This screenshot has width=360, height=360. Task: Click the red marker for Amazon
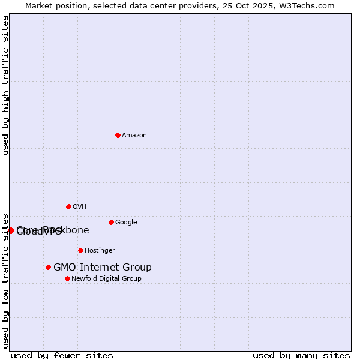(x=118, y=135)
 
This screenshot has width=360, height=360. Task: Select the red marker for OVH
(x=68, y=206)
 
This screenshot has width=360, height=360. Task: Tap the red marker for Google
(x=111, y=222)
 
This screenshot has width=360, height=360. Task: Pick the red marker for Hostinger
(x=80, y=250)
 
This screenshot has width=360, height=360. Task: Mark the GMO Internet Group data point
(x=48, y=267)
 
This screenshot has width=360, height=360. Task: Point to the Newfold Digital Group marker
(x=67, y=278)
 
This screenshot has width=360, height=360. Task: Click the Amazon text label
(x=134, y=135)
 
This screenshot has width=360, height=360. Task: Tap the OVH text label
(x=80, y=206)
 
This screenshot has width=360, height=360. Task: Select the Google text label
(x=126, y=222)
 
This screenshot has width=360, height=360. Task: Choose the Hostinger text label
(x=100, y=250)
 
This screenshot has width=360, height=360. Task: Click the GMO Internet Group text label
(x=103, y=267)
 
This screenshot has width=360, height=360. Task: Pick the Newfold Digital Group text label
(x=106, y=278)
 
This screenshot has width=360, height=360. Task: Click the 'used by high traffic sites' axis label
(x=5, y=85)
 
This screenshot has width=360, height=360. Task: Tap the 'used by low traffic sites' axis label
(x=5, y=281)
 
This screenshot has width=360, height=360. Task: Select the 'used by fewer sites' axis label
(x=62, y=355)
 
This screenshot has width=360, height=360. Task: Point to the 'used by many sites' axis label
(x=301, y=355)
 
